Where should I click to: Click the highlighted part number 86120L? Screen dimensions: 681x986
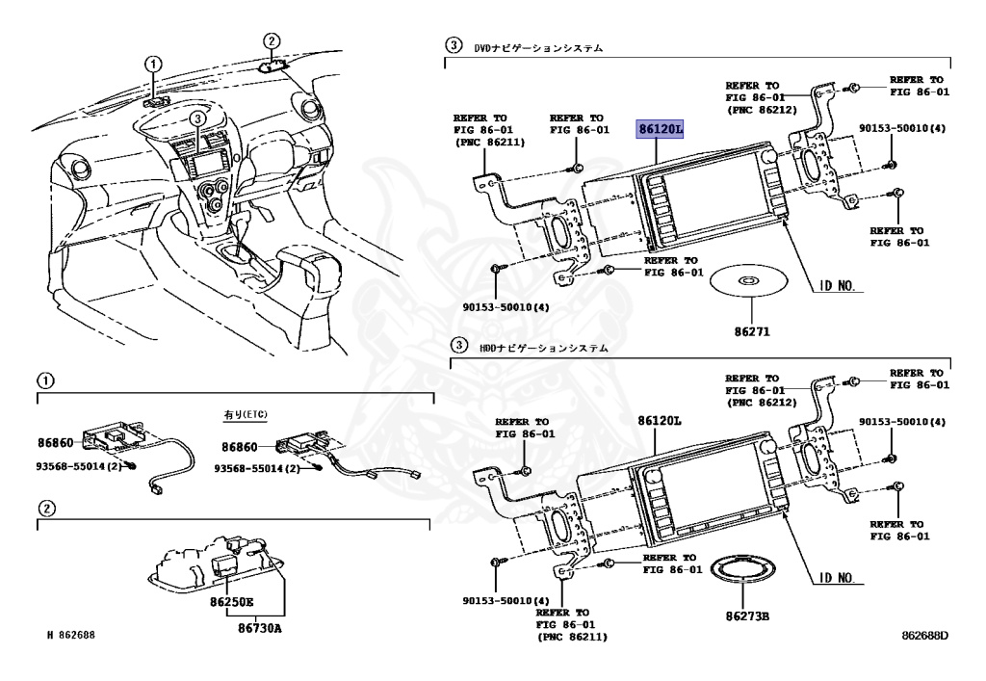tap(660, 128)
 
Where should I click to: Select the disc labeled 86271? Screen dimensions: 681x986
tap(748, 280)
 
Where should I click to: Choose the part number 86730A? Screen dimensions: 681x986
tap(260, 627)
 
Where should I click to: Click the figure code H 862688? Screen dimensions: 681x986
tap(74, 636)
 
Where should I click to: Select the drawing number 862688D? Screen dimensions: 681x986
tap(925, 636)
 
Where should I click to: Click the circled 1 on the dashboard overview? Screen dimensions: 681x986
tap(152, 64)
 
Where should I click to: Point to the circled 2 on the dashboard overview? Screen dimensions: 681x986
tap(272, 40)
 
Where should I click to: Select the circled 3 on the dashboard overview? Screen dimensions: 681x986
tap(196, 118)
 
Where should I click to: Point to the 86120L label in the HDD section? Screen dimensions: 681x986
tap(659, 422)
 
